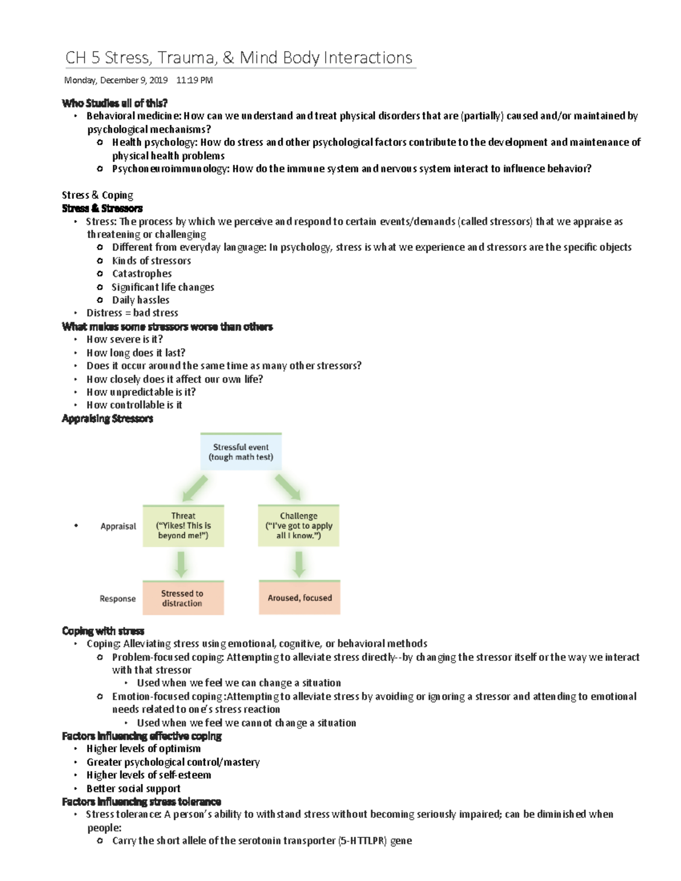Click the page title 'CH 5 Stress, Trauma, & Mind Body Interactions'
[x=238, y=58]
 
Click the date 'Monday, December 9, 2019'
[x=116, y=81]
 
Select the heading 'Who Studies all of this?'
[x=115, y=103]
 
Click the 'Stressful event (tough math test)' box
[x=241, y=452]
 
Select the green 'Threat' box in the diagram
[x=183, y=526]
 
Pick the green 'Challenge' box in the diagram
[x=299, y=526]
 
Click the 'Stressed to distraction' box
[x=183, y=598]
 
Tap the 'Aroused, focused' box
[x=300, y=598]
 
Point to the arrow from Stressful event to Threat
[x=195, y=488]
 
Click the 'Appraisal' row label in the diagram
[x=118, y=526]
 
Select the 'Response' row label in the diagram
[x=117, y=598]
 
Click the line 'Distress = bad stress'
[x=132, y=313]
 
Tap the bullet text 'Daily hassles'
[x=141, y=300]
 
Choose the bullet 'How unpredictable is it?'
[x=141, y=392]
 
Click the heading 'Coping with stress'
[x=103, y=631]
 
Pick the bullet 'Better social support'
[x=133, y=789]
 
